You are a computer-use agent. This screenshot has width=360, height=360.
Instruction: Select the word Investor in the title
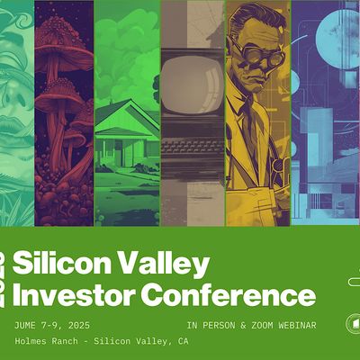[73, 295]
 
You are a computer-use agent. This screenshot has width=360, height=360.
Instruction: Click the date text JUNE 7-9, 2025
[52, 326]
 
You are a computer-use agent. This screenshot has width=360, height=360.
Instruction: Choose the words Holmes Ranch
[46, 341]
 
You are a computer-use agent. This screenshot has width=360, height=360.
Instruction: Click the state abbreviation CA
[183, 341]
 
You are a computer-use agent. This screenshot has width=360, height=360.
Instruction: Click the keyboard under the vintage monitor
[193, 147]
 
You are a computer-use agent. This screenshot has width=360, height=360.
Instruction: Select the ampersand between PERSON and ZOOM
[243, 326]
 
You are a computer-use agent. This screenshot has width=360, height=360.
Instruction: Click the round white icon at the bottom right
[354, 323]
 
